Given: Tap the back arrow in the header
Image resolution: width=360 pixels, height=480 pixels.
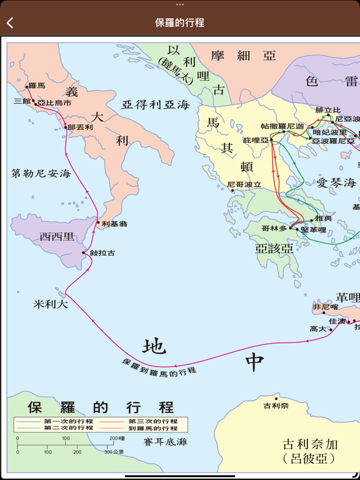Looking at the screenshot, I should [10, 23].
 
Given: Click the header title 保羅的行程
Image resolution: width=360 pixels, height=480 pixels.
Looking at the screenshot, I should [179, 23].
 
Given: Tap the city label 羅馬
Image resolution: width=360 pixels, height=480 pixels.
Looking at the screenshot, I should [37, 86].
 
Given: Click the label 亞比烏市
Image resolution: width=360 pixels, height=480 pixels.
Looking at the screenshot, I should [54, 102].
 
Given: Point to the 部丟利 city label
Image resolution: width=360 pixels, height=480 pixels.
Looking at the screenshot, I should [81, 127].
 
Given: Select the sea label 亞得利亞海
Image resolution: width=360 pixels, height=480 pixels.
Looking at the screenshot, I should [156, 105].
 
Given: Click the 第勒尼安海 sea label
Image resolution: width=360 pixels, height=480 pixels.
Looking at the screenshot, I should [41, 173].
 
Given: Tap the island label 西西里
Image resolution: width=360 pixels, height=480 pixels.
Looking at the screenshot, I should [57, 237].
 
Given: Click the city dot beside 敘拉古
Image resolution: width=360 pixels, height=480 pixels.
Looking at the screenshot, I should [84, 252].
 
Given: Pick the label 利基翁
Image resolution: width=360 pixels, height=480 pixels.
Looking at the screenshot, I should [114, 223].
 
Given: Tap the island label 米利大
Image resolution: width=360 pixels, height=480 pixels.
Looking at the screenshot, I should [51, 304].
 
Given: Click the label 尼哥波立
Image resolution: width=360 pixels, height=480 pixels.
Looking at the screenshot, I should [244, 185].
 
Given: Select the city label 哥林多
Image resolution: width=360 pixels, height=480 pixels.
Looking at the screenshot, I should [274, 229].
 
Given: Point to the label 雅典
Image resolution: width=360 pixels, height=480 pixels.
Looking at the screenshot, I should [324, 218].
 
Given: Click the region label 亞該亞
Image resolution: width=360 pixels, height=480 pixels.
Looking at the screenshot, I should [274, 248].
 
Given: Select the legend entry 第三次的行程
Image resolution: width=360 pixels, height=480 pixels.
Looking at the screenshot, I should [153, 422].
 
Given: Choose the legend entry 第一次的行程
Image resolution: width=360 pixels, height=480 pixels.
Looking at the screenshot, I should [68, 422].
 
